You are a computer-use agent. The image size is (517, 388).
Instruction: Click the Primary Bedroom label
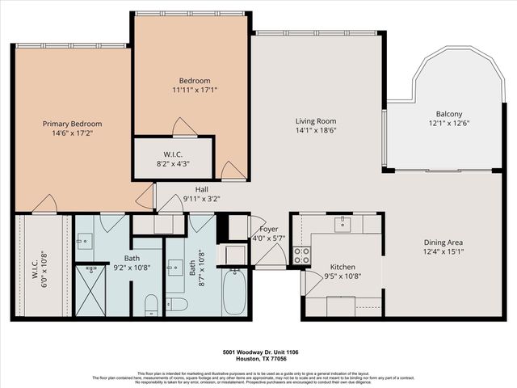coord(72,124)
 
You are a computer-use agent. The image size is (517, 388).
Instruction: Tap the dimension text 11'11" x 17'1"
coord(195,90)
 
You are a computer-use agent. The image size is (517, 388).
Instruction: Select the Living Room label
coord(316,120)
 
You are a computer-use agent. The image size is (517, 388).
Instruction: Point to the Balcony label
coord(444,114)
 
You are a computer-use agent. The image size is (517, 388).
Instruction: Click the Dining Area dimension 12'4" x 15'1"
coord(443,251)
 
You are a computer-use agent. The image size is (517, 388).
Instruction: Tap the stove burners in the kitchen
coord(301,255)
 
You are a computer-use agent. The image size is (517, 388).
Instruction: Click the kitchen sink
coord(343,224)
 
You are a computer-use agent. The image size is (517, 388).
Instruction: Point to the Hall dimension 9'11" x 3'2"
coord(201,198)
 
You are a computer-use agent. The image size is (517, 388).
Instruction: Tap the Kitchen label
coord(343,267)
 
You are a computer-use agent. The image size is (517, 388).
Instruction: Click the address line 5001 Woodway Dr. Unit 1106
coord(258,352)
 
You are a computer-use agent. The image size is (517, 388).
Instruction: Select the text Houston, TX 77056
coord(258,359)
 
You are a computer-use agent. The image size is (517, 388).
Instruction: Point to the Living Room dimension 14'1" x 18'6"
coord(316,129)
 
